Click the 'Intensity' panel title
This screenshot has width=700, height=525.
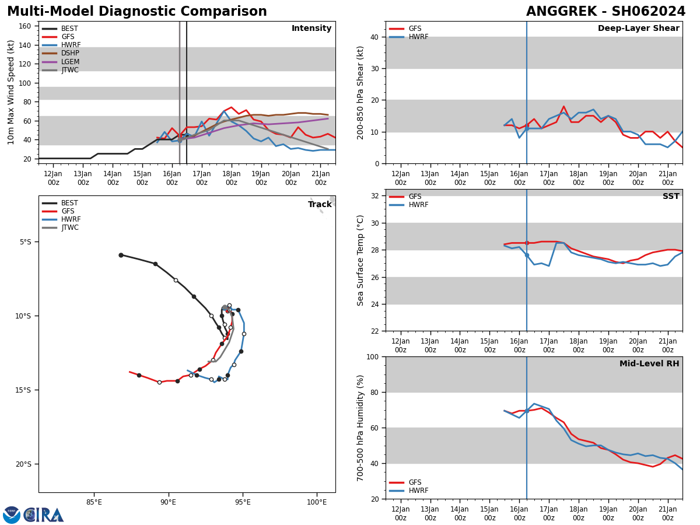click(311, 29)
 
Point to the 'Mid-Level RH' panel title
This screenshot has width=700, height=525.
click(649, 364)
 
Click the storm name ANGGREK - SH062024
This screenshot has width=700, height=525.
click(605, 12)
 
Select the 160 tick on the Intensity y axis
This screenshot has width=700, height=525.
click(25, 26)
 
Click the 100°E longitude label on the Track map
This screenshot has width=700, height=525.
click(317, 502)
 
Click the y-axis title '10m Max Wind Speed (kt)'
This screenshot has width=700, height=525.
click(11, 92)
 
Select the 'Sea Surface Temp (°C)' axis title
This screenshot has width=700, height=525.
click(361, 260)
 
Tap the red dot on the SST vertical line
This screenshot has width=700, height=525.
click(527, 243)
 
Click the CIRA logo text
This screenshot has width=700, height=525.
click(44, 515)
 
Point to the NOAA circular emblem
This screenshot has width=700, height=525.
click(12, 515)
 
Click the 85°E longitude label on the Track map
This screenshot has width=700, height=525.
click(94, 502)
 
